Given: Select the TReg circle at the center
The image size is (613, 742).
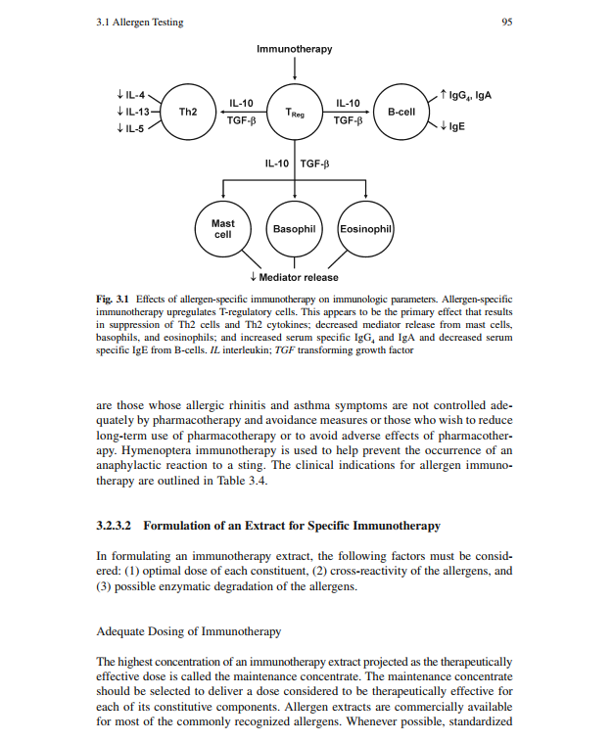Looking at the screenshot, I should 295,113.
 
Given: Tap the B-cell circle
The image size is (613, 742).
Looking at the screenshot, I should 401,113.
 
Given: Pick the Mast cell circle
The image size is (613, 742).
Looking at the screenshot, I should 223,229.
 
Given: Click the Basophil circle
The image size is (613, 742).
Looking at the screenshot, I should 294,229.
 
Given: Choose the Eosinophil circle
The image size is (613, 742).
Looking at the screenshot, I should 365,229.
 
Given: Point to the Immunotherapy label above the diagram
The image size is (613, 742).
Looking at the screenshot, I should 294,49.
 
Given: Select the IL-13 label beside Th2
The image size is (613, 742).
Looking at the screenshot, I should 132,113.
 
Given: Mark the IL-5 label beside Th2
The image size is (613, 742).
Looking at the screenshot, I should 130,129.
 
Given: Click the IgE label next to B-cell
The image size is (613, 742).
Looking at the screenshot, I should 452,127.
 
